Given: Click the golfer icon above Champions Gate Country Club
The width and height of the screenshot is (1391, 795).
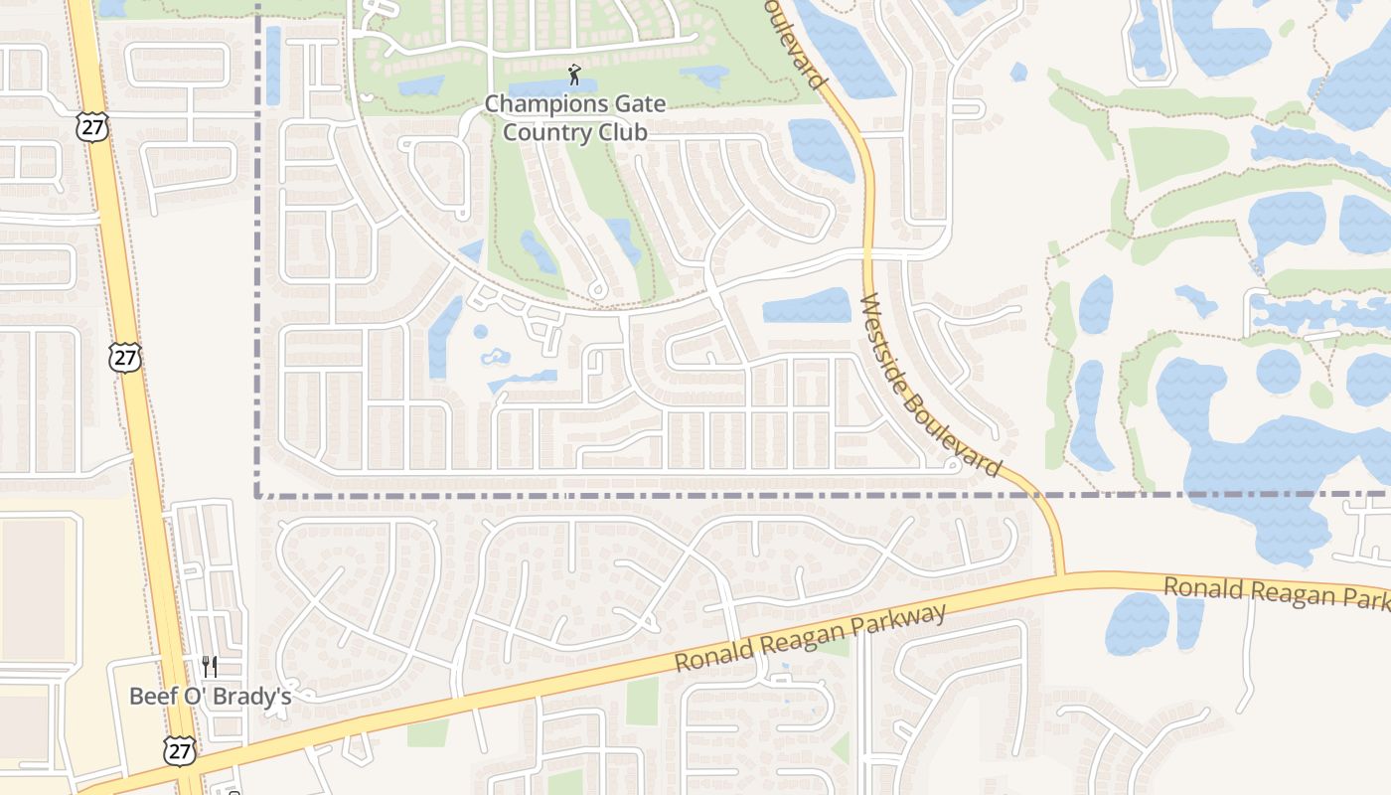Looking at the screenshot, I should pyautogui.click(x=574, y=74).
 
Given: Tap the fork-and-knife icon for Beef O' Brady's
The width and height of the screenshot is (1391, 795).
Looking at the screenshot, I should pyautogui.click(x=210, y=666).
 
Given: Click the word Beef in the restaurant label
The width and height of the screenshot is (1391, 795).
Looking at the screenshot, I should pyautogui.click(x=151, y=696).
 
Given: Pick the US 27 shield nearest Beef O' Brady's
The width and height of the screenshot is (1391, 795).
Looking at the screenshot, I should pyautogui.click(x=179, y=751).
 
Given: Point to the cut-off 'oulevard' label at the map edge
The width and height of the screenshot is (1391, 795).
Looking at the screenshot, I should pyautogui.click(x=794, y=45).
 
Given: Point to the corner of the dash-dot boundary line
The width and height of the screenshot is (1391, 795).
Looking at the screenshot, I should pyautogui.click(x=257, y=494).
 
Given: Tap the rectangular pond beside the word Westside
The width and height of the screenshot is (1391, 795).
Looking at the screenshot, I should pyautogui.click(x=807, y=305).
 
